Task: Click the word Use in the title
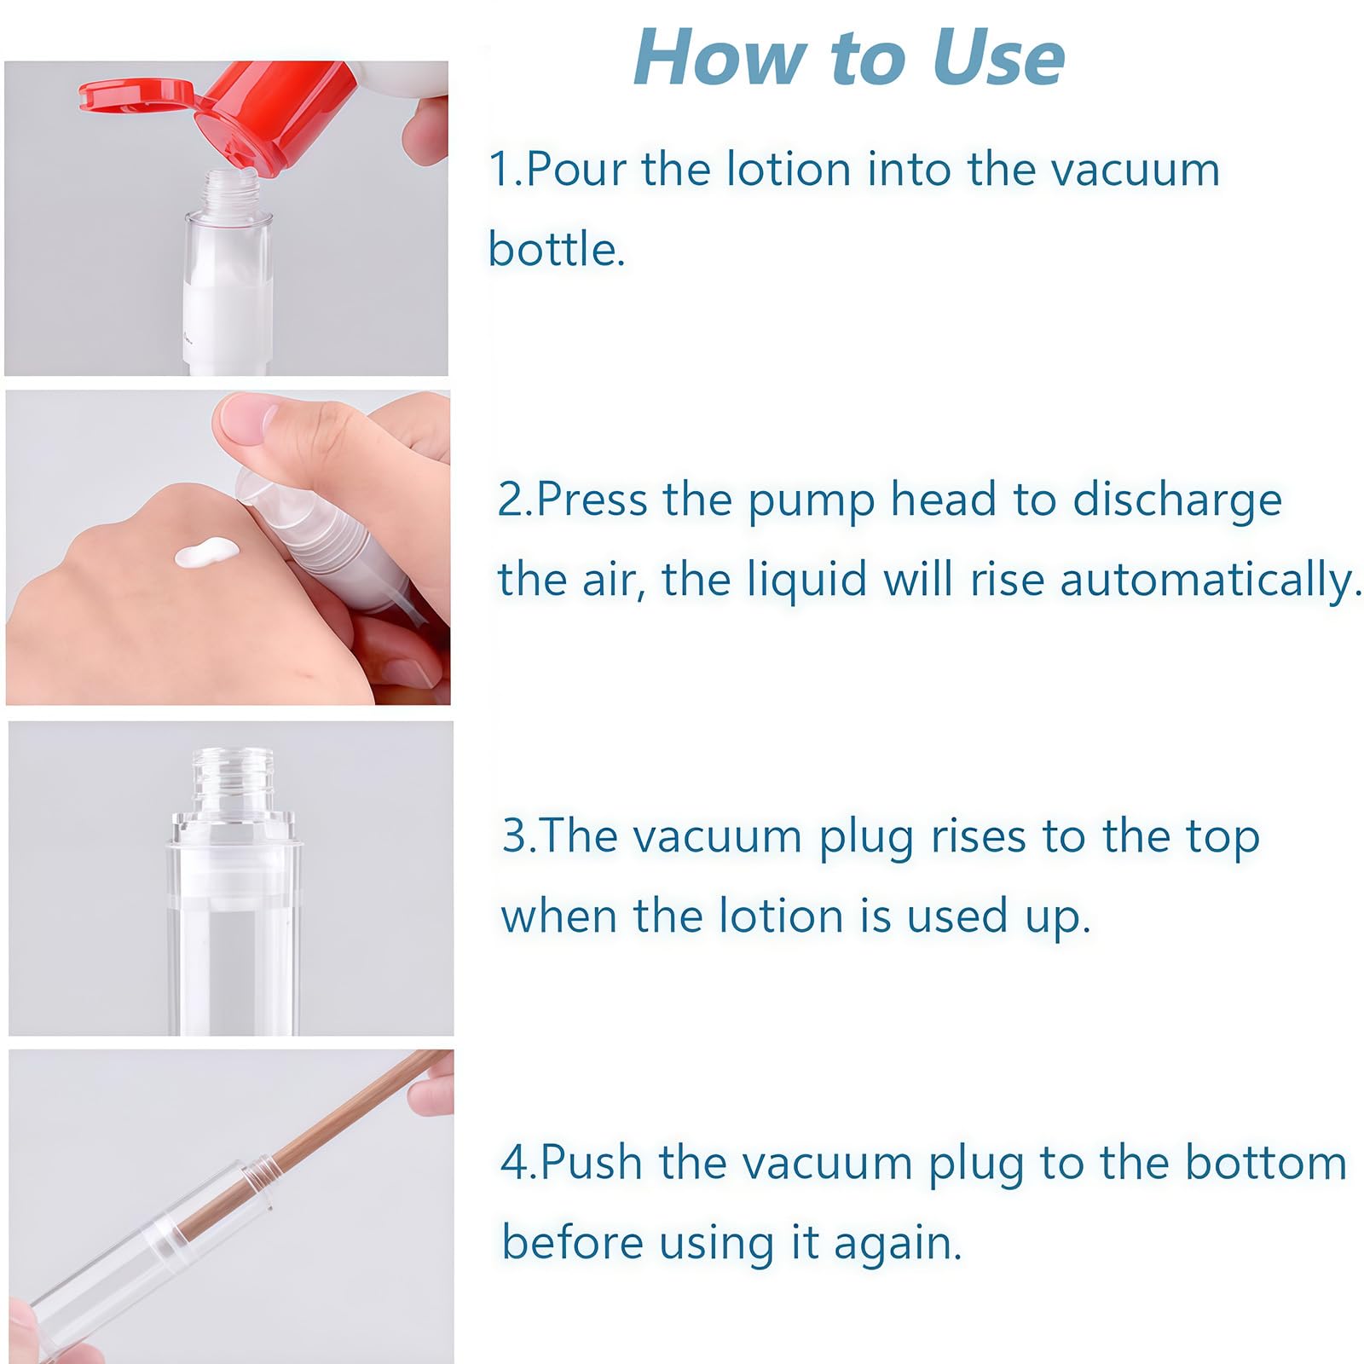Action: click(x=998, y=59)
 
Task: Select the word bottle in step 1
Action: click(x=557, y=249)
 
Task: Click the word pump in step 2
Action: click(x=810, y=501)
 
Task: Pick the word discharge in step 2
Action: click(x=1176, y=501)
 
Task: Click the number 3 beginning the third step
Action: click(x=515, y=836)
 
